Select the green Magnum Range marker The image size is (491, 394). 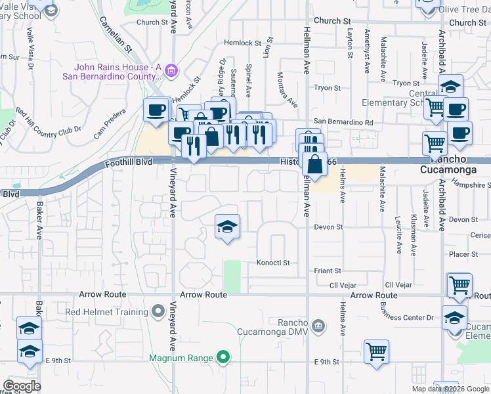(x=224, y=358)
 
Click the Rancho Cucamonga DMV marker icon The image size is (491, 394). (x=318, y=325)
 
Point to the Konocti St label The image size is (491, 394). (x=273, y=263)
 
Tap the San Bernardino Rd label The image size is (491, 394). (x=343, y=122)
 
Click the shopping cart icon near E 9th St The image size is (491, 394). (x=376, y=351)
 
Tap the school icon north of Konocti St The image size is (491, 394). (x=227, y=227)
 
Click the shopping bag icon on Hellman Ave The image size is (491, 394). (x=315, y=164)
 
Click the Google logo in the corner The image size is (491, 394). (x=22, y=386)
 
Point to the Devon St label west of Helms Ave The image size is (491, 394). (x=329, y=227)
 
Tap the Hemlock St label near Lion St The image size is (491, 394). (x=242, y=43)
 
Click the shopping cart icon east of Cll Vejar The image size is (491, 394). (x=459, y=285)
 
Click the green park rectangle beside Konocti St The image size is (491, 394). (x=232, y=276)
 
